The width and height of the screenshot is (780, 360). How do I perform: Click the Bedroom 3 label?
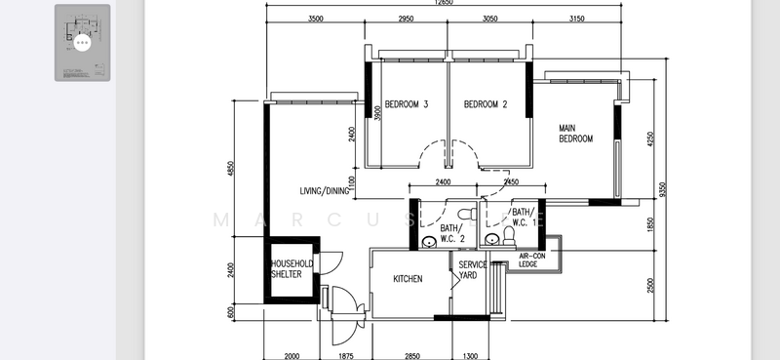407,104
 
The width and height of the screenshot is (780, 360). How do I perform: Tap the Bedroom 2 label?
486,104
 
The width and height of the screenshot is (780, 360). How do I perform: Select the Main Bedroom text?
575,134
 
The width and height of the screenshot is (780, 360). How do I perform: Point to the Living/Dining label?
323,190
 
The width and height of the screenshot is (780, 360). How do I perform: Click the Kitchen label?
408,279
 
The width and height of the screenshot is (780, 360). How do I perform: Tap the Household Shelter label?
292,269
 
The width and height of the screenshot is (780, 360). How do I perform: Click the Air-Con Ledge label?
532,260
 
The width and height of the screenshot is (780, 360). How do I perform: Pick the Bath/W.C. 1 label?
525,217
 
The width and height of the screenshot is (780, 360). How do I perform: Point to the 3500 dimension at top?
315,20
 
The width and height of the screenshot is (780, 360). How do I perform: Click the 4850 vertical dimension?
231,168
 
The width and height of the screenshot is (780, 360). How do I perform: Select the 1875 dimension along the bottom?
346,356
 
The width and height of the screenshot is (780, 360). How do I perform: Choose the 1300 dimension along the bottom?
471,356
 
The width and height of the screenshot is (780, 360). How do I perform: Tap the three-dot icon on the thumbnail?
82,43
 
